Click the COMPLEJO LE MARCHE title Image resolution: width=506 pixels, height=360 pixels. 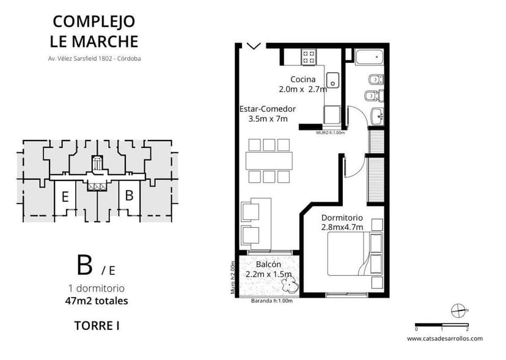(95, 31)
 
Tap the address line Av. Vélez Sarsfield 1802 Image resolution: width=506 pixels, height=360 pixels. (95, 59)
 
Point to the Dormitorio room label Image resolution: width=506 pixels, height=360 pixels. (342, 222)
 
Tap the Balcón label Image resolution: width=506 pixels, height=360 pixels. (268, 269)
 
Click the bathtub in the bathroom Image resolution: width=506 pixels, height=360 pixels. (369, 59)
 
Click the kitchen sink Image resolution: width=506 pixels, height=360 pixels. (333, 80)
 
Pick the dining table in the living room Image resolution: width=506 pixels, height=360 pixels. (269, 161)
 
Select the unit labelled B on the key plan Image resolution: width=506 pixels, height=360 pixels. (129, 196)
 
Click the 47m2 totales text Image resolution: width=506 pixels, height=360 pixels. (96, 300)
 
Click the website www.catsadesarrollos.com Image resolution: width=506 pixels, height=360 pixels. (444, 338)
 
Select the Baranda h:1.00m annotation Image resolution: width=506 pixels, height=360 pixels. (272, 300)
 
